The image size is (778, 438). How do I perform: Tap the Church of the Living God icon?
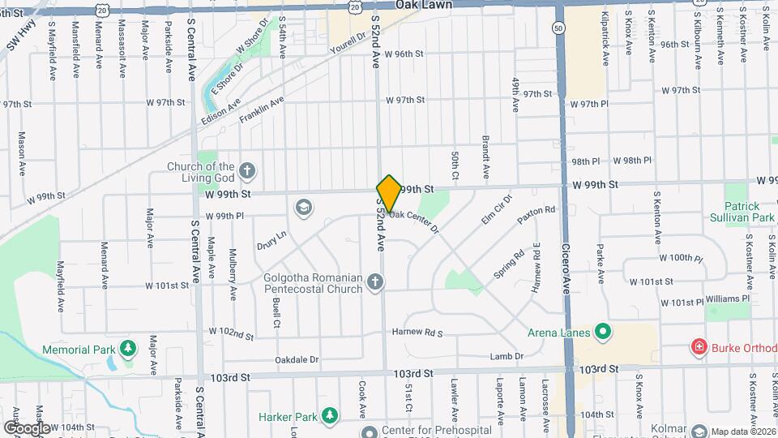(x=247, y=172)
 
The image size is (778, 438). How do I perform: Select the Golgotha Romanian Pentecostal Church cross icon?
(x=374, y=282)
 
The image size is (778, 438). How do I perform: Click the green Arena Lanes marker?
(x=602, y=331)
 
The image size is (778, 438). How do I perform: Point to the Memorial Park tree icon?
(x=127, y=349)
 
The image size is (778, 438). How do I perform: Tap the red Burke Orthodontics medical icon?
(x=698, y=347)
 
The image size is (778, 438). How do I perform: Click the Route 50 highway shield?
(x=558, y=28)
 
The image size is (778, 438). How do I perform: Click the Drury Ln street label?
(x=271, y=239)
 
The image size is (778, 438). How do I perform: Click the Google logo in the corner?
(x=26, y=427)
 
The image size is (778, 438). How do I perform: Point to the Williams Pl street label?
(x=727, y=298)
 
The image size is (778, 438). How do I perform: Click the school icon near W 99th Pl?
(x=304, y=208)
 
